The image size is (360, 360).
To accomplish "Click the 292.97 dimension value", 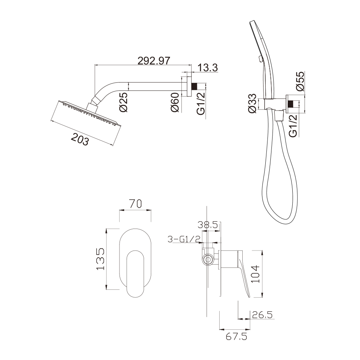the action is pos(154,60).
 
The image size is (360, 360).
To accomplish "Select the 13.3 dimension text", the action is pos(208,68).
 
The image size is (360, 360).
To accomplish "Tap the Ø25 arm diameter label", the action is pos(123,102).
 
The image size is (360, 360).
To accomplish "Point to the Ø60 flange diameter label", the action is pos(175,102).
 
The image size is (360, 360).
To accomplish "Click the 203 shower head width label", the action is pos(80,139).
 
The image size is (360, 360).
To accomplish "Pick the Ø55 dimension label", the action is pos(300,81).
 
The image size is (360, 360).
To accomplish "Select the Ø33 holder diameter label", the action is pos(252,103).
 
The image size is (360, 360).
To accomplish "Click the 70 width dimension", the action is pos(136,204).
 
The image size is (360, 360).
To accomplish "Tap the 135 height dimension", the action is pos(100,259).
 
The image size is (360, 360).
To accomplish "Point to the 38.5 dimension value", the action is pos(208,225).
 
